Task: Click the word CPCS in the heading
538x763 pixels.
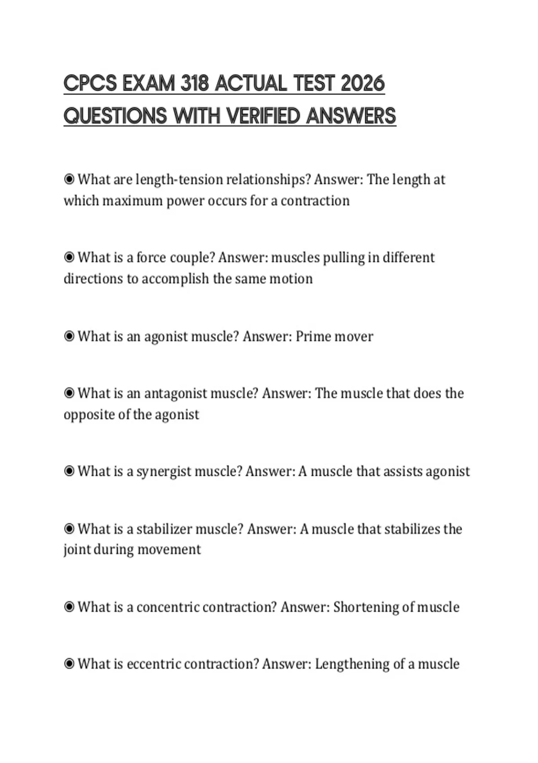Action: click(x=90, y=84)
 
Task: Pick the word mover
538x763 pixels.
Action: click(x=354, y=337)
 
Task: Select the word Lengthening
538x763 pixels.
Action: click(x=352, y=664)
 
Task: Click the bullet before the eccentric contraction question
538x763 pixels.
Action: click(x=69, y=663)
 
